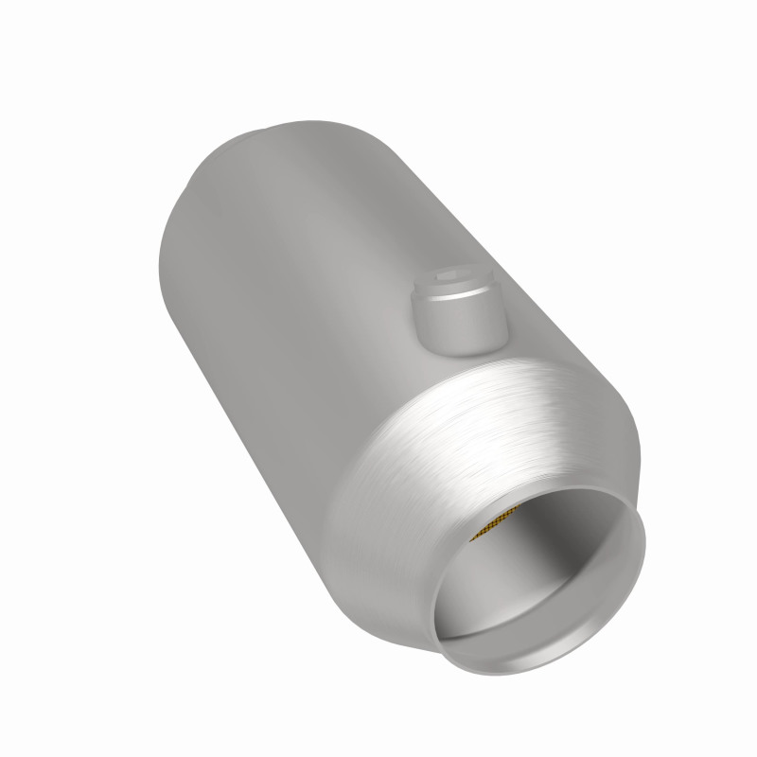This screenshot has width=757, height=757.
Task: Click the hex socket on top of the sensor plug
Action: pyautogui.click(x=458, y=278)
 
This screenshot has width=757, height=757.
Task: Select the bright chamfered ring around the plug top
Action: pyautogui.click(x=458, y=290)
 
